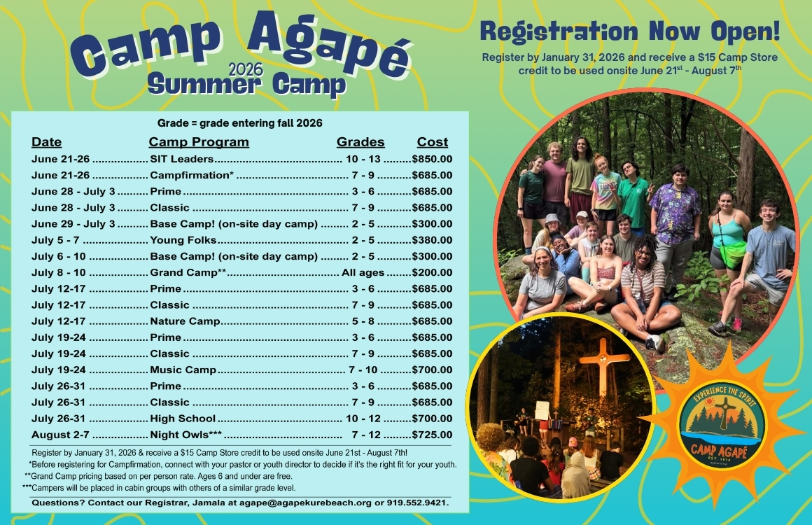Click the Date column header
pos(47,142)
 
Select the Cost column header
pos(433,142)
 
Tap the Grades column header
pos(360,142)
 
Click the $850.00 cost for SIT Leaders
pos(433,159)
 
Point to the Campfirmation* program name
pos(192,175)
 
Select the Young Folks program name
pos(183,239)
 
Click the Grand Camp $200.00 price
pos(433,272)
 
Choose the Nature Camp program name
pos(185,321)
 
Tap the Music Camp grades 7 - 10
pos(363,370)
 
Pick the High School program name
pos(182,419)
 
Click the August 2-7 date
pos(60,435)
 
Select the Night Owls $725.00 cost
pos(433,435)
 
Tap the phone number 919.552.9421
pos(417,503)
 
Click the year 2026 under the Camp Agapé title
pos(246,69)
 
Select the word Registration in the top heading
pos(559,31)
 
